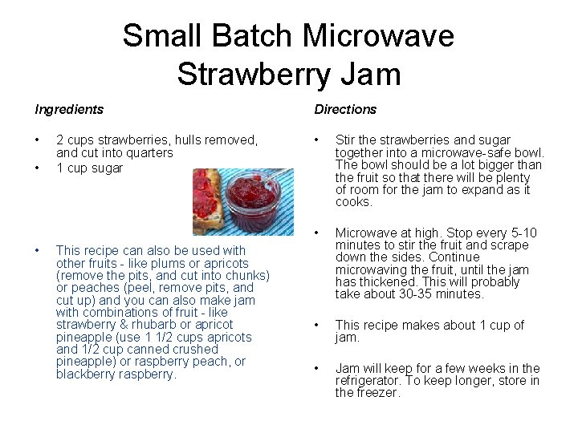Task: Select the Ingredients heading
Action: pos(68,109)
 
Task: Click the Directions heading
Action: pos(345,109)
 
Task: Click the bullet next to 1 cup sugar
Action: pos(38,168)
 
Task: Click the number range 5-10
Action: pos(519,233)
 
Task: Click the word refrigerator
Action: pos(371,381)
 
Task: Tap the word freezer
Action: pos(378,393)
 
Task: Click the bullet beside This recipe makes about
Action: pos(319,326)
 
